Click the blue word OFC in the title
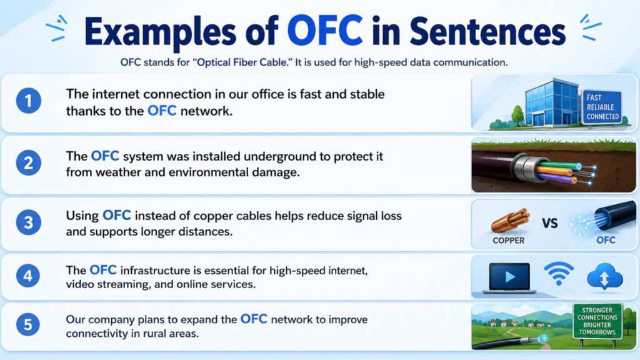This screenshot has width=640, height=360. click(325, 31)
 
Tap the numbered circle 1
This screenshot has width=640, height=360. click(29, 101)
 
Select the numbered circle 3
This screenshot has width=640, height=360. click(29, 222)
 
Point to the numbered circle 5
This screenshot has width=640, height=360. click(28, 325)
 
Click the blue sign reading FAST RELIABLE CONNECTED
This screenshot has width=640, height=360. click(602, 107)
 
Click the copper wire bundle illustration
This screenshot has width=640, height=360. click(510, 221)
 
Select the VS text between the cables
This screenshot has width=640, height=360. click(550, 223)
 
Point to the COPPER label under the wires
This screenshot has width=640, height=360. click(509, 241)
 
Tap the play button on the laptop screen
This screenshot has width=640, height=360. click(510, 277)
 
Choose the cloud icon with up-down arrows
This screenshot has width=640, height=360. click(605, 276)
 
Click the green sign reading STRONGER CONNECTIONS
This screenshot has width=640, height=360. click(597, 321)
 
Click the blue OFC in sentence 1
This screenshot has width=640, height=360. click(162, 111)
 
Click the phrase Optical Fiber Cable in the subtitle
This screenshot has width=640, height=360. click(242, 62)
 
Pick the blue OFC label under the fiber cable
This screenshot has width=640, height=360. click(606, 241)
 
